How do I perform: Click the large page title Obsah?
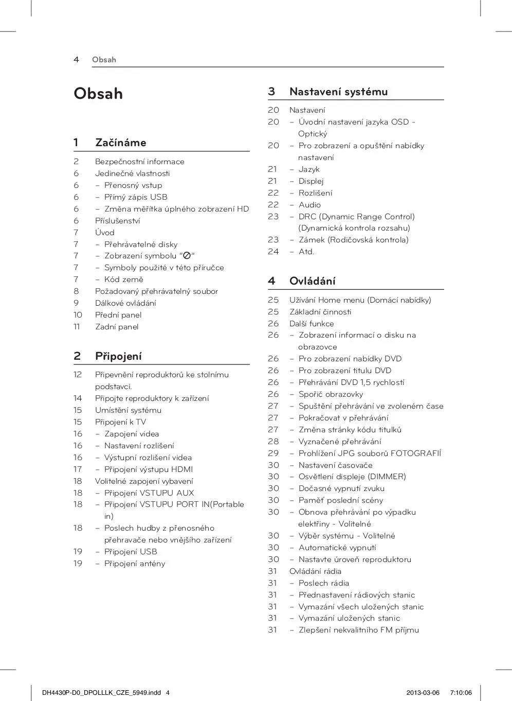(98, 94)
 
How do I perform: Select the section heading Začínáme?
(120, 143)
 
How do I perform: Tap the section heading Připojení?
(118, 356)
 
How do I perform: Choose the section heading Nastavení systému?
(338, 92)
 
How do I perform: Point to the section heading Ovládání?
(312, 281)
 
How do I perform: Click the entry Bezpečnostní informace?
(139, 162)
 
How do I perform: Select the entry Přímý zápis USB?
(136, 197)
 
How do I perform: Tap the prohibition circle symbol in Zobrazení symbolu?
(187, 256)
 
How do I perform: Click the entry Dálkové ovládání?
(125, 303)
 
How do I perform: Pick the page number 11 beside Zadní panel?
(77, 327)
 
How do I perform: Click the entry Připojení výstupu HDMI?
(149, 469)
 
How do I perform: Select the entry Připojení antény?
(135, 564)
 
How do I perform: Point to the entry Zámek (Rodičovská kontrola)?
(353, 240)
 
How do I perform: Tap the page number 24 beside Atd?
(273, 252)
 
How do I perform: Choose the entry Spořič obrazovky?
(331, 394)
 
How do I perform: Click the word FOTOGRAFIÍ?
(415, 453)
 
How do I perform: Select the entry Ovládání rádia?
(315, 571)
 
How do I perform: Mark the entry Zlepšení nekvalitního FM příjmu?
(358, 630)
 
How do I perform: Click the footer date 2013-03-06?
(423, 692)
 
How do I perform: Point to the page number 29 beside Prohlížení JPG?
(273, 453)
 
